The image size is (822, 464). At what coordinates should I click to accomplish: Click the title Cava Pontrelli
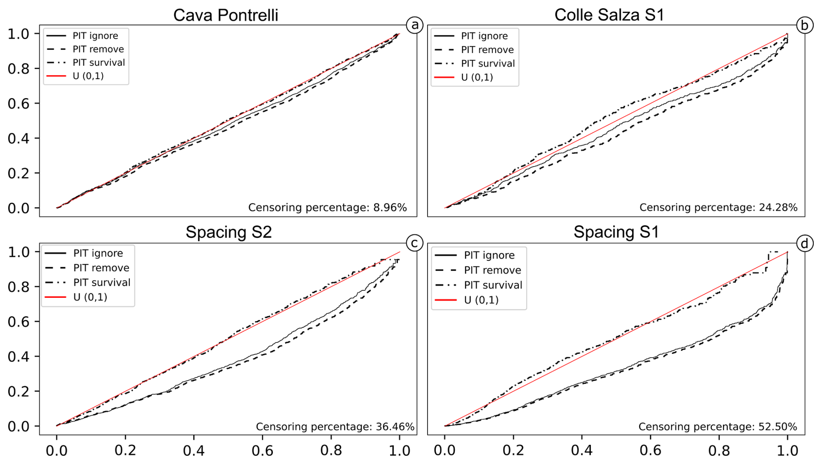coord(225,15)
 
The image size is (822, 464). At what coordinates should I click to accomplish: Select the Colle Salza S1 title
coord(609,15)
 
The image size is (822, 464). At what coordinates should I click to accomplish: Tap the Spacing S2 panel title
coord(229,232)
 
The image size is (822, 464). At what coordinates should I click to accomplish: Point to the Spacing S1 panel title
coord(616,232)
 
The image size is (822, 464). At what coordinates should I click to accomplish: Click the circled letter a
coord(415,25)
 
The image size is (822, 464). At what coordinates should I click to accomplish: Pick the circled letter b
coord(804,25)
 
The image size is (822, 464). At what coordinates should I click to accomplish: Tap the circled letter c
coord(414,243)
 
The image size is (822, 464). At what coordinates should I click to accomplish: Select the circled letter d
coord(804,243)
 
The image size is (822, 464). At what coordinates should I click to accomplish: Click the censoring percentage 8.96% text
coord(327,207)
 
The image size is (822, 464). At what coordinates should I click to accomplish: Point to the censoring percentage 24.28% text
coord(718,207)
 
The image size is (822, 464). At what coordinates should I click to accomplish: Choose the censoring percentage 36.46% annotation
coord(335,427)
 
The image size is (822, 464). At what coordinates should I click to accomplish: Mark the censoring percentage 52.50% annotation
coord(717,427)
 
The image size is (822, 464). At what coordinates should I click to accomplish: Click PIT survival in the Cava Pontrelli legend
coord(99,63)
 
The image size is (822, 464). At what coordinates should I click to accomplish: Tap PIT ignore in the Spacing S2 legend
coord(98,253)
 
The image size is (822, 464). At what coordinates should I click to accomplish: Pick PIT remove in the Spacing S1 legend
coord(492,270)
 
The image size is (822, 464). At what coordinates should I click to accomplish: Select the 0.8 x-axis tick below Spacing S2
coord(331,451)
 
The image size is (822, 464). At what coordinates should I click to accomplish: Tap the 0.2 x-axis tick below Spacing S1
coord(513,451)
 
